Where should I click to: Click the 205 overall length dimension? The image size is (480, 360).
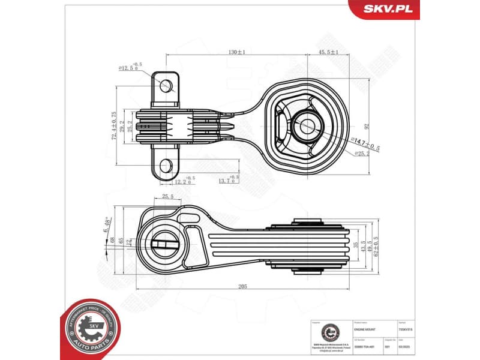click(242, 287)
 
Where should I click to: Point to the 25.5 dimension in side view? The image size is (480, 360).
click(168, 196)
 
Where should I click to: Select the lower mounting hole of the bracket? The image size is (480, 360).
click(167, 166)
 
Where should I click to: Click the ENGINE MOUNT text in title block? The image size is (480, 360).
click(364, 329)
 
